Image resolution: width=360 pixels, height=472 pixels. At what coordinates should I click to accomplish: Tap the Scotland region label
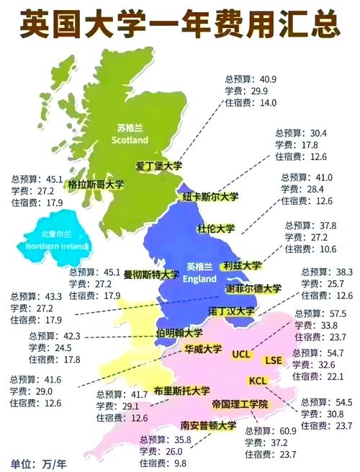(131, 133)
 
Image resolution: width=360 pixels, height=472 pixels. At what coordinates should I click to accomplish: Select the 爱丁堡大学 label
(159, 166)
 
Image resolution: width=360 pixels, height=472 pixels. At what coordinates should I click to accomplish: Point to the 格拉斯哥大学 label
(96, 184)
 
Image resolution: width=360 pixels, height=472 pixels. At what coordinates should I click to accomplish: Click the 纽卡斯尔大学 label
(210, 197)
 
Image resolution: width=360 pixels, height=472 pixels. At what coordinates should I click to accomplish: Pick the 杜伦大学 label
(216, 229)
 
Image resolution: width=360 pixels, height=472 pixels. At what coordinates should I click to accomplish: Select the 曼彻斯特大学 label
(151, 275)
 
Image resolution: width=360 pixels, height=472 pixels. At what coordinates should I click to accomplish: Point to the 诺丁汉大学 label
(231, 311)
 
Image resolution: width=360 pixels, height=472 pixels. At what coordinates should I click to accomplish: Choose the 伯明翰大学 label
(179, 333)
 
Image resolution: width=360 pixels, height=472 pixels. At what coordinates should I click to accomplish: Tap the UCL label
(241, 354)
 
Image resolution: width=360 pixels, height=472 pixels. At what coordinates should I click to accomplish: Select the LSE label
(274, 360)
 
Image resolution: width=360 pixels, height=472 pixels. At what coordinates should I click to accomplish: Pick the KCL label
(258, 380)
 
